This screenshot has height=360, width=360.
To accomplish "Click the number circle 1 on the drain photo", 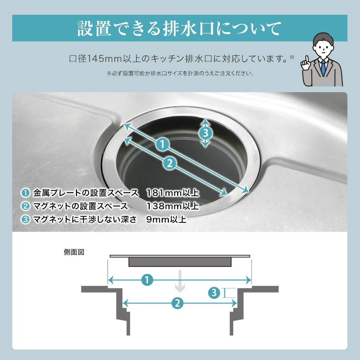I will tap(163, 144).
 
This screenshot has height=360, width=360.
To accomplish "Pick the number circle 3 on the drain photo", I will tap(205, 133).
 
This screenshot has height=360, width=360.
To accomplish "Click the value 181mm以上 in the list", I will tap(172, 193).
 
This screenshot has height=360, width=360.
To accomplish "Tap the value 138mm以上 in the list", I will tap(172, 206).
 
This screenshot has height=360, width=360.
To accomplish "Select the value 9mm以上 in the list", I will tap(166, 219).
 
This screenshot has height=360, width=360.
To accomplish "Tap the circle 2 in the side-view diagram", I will tap(177, 303).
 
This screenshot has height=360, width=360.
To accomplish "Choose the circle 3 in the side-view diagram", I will tap(214, 293).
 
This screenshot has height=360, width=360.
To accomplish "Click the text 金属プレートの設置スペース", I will tap(86, 193).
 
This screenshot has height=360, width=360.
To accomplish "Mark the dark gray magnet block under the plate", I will tap(180, 262).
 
